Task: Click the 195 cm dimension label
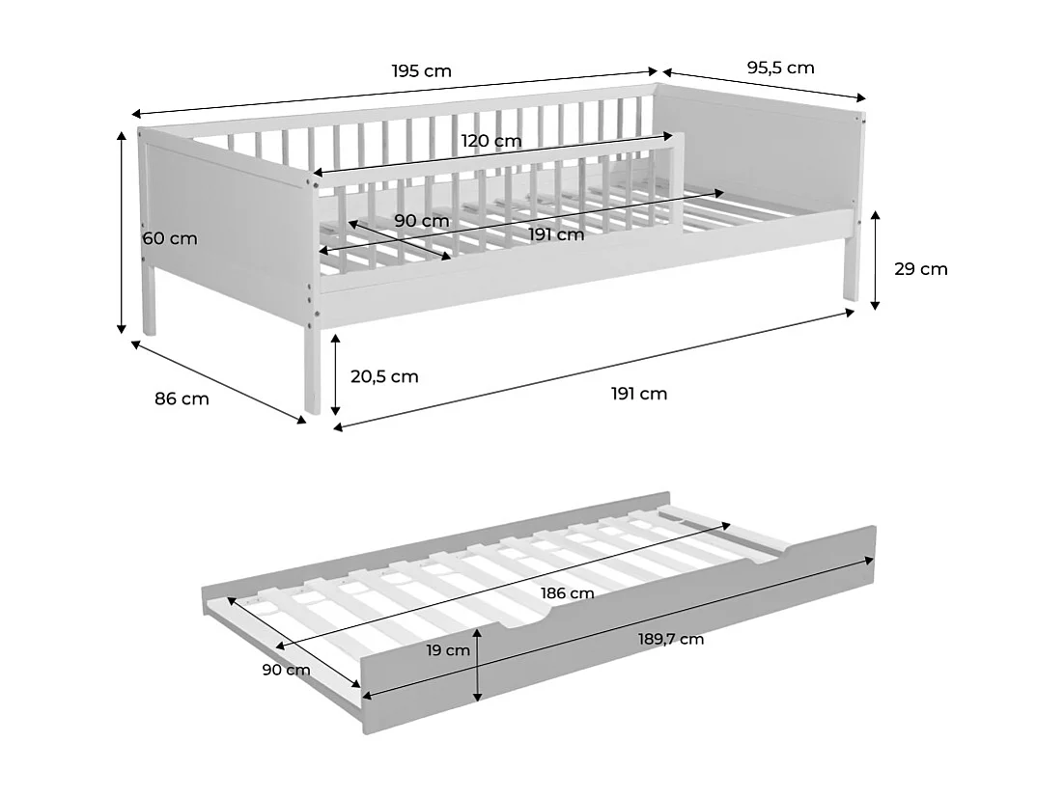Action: tap(421, 71)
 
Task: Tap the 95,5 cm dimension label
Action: tap(780, 68)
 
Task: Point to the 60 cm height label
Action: tap(169, 238)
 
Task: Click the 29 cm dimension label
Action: tap(920, 269)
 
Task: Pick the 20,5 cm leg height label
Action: tap(384, 376)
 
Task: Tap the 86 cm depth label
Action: tap(182, 398)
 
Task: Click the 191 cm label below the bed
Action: tap(638, 394)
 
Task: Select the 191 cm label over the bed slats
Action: tap(556, 234)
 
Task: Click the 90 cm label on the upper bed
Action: tap(422, 221)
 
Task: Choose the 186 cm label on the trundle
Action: tap(567, 592)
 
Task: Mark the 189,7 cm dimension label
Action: tap(672, 639)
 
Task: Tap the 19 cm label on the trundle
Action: tap(448, 650)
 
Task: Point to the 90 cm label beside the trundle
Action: tap(286, 670)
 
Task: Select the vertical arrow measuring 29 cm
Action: tap(875, 261)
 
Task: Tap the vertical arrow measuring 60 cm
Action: tap(122, 232)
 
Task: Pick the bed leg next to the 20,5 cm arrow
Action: tap(311, 371)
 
